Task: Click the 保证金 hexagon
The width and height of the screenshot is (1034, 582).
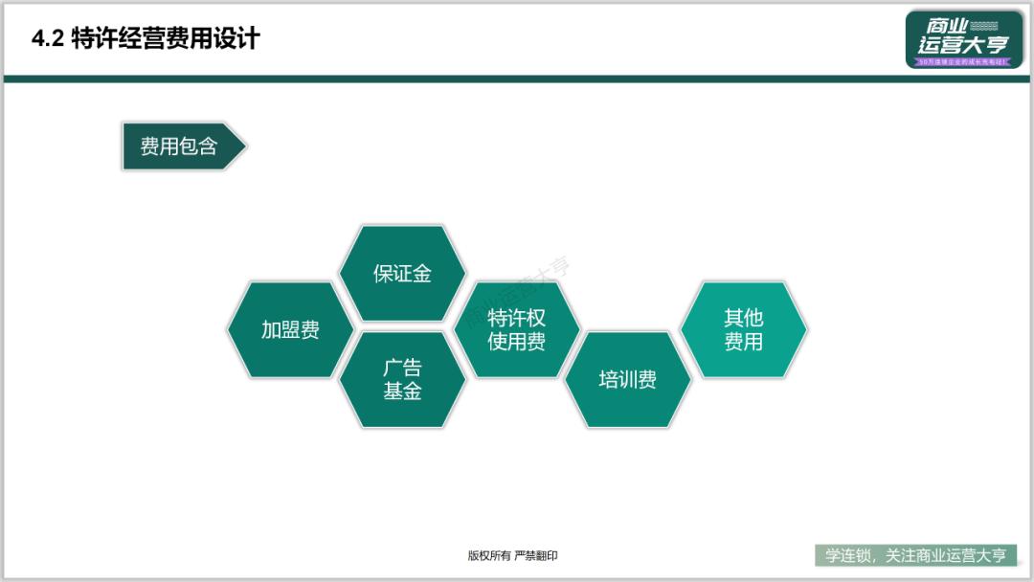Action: [402, 273]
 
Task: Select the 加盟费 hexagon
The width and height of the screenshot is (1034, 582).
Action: [290, 330]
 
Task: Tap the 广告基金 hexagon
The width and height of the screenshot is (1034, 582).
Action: [402, 380]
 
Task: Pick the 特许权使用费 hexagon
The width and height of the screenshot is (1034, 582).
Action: [517, 330]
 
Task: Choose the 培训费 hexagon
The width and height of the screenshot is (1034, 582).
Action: [628, 380]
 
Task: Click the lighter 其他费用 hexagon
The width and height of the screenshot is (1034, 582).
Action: [743, 329]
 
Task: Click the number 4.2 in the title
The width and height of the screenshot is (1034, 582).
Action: [47, 39]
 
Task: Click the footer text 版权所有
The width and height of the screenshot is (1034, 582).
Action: [488, 555]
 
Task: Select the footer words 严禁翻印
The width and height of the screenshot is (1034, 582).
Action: [536, 555]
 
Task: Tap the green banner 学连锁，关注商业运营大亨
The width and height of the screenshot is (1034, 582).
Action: [916, 555]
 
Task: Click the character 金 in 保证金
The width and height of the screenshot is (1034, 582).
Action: [422, 273]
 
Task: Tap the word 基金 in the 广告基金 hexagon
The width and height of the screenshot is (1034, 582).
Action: [402, 391]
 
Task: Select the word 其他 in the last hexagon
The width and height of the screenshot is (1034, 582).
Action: [743, 319]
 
